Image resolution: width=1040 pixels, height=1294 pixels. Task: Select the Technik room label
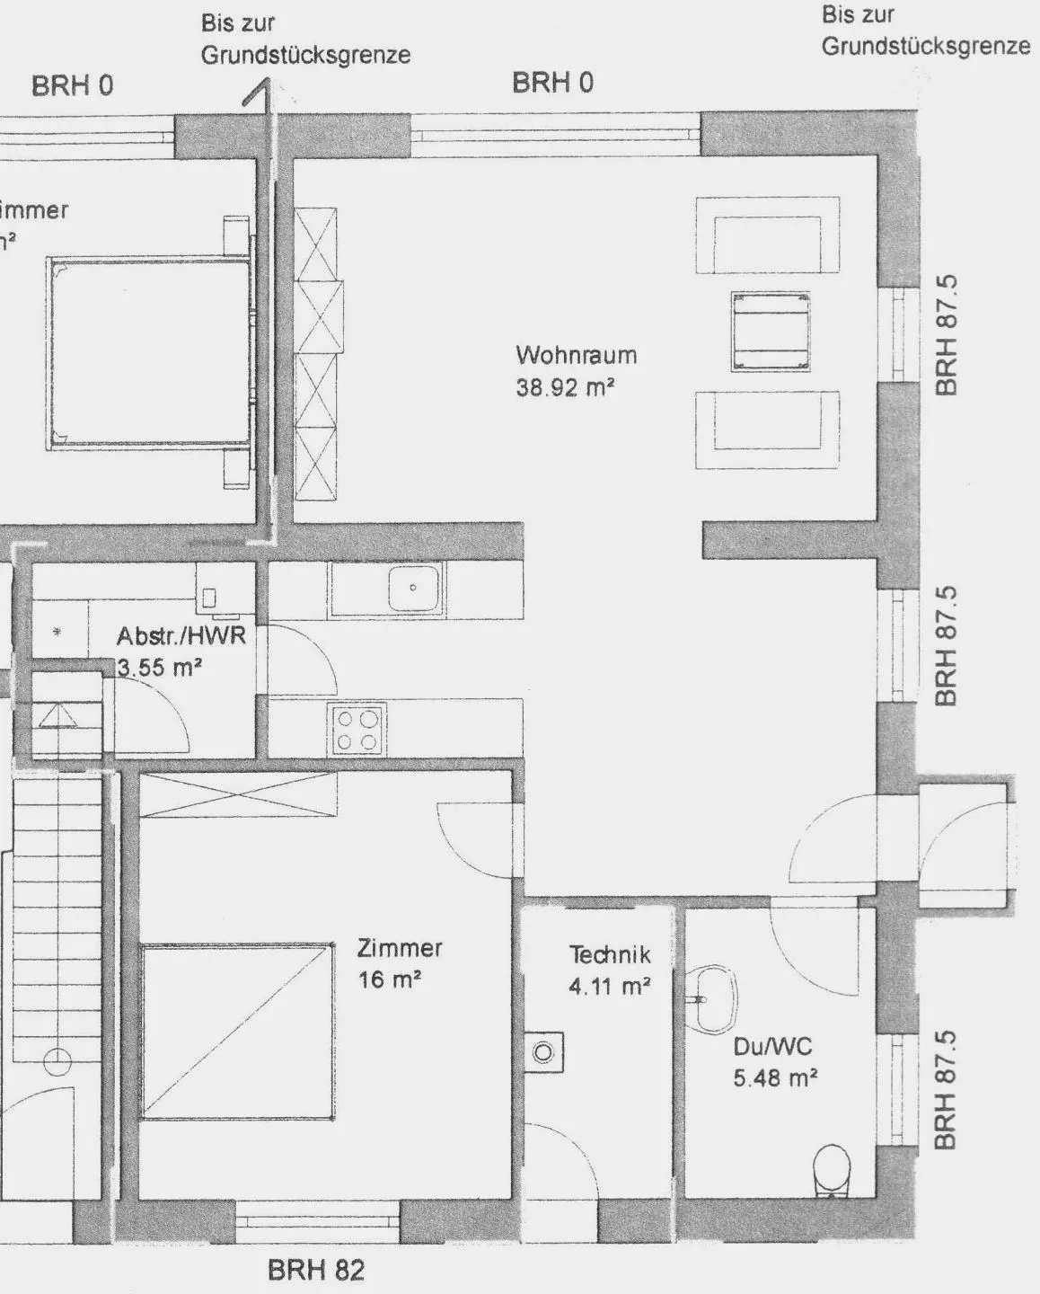[609, 954]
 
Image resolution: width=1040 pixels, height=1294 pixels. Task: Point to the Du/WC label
[772, 1046]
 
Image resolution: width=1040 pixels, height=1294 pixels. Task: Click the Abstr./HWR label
[181, 636]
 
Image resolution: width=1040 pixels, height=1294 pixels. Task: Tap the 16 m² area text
[390, 979]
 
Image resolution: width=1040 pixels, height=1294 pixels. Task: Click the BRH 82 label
[316, 1271]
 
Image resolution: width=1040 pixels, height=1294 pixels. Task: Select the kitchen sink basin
[413, 589]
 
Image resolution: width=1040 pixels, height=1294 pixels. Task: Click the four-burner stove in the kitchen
[357, 730]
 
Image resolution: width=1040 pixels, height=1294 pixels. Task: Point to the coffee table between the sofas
[771, 331]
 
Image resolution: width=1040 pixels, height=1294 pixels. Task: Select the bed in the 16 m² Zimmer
[237, 1032]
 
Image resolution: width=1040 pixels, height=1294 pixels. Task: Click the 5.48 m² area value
[774, 1077]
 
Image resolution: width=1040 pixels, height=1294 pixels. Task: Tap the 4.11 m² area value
[609, 987]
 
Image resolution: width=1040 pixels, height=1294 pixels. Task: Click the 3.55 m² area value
[159, 668]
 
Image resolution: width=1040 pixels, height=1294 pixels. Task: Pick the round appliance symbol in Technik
[543, 1051]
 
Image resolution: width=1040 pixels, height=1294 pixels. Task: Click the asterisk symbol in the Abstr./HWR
[57, 633]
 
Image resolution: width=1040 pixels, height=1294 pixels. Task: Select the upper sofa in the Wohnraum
[767, 235]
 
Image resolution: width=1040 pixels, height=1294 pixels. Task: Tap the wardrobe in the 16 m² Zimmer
[238, 795]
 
